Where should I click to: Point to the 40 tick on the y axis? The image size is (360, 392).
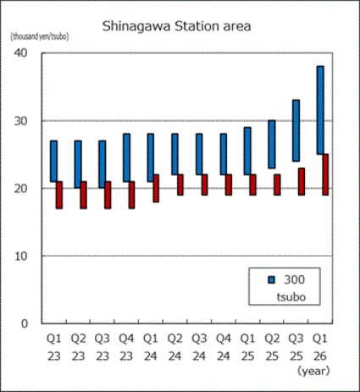click(x=22, y=52)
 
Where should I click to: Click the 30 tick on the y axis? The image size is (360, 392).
click(x=22, y=120)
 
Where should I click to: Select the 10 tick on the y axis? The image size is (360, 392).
click(x=22, y=256)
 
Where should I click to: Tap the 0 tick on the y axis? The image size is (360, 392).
click(x=25, y=323)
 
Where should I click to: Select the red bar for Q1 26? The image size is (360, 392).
click(x=326, y=174)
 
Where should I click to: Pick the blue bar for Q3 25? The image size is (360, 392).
click(x=296, y=130)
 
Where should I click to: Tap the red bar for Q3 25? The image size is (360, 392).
click(x=302, y=181)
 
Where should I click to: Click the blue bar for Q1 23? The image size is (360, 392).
click(x=53, y=161)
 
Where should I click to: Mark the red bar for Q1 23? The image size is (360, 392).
click(x=59, y=194)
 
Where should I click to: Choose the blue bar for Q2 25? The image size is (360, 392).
click(x=271, y=144)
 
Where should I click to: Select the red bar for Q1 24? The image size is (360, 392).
click(x=156, y=188)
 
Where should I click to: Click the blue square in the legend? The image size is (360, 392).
click(x=270, y=279)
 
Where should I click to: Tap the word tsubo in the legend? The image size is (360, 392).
click(x=292, y=297)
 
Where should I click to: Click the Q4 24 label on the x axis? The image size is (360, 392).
click(x=223, y=347)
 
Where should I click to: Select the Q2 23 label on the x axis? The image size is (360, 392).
click(x=78, y=347)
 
